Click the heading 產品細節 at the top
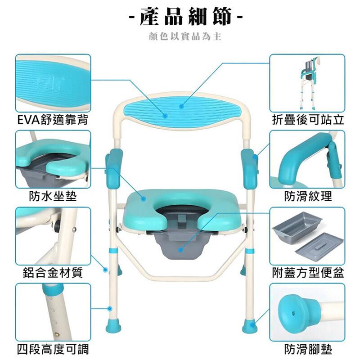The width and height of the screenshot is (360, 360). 185,16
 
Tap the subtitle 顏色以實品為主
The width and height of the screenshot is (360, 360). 185,36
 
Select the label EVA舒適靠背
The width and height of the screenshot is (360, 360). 53,120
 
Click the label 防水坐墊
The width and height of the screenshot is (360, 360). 53,196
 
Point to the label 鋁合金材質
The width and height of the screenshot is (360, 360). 53,273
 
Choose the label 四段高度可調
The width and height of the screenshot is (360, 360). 53,350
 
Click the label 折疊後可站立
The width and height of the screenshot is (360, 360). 308,120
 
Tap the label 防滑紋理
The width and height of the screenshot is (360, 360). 308,196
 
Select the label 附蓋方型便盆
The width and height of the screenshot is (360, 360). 308,273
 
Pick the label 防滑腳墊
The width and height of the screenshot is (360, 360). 308,350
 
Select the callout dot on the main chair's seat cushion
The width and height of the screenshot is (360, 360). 144,198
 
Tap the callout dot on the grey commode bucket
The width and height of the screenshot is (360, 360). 181,250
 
